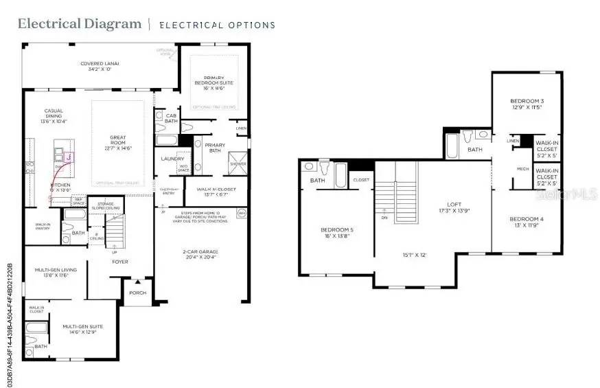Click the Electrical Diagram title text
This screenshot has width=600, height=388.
79,24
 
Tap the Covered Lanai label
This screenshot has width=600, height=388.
101,66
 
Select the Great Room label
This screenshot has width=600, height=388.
118,141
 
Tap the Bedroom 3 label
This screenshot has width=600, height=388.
527,103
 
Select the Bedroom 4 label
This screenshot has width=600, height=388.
527,221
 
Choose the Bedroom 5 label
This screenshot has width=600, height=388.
336,232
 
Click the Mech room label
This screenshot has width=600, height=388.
522,168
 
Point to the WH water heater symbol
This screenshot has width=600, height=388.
241,214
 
